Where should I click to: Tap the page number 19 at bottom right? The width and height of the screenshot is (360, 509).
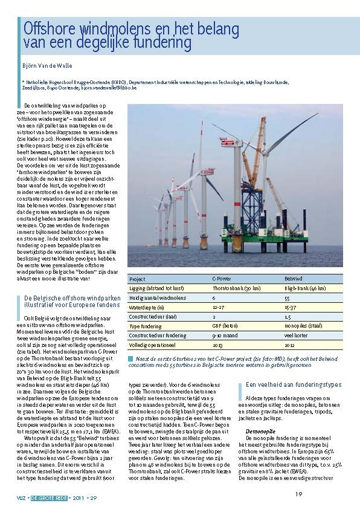pos(298,494)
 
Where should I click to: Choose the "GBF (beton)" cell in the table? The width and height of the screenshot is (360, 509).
pos(225,326)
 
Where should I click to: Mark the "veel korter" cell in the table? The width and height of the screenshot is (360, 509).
pos(297,335)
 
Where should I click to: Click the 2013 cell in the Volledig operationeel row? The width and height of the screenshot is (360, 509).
pos(218,345)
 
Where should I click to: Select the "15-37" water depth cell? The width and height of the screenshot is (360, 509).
pos(291,307)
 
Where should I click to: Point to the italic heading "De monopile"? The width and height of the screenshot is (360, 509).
pos(260,414)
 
